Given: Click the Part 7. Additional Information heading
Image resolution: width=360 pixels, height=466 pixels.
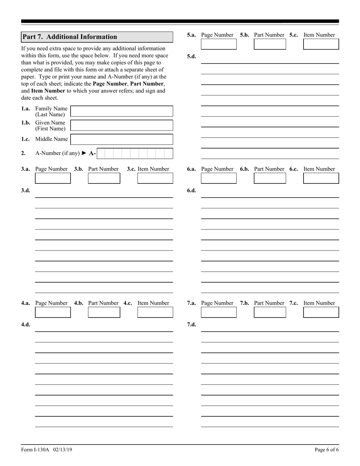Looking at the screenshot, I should coord(70,37).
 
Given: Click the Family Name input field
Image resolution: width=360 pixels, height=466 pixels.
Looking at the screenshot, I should coord(122,111).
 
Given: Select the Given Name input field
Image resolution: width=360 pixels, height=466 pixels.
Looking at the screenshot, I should coord(122,125).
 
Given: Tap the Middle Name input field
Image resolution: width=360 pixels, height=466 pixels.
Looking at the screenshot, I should coord(122,139).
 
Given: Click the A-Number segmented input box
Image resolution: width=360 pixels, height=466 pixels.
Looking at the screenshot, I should coord(135,153).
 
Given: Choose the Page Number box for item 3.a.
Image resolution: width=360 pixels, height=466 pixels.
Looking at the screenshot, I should coord(53,178).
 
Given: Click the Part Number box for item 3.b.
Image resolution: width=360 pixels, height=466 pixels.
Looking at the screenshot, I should coord(104,178).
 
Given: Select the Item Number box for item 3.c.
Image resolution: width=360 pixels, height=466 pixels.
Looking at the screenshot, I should coord(155,178).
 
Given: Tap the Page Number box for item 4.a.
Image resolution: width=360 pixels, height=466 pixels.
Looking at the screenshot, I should coord(53,313).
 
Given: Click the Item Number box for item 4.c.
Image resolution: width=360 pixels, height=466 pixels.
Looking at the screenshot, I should coord(155,313).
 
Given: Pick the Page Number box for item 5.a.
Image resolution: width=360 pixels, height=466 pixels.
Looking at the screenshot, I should coord(218,44).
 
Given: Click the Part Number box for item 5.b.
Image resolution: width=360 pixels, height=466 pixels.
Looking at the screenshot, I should coord(270,44).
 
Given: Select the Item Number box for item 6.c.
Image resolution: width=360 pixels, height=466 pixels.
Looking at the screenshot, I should coord(321,178).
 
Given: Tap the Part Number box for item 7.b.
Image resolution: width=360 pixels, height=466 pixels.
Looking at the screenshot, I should coord(270,313).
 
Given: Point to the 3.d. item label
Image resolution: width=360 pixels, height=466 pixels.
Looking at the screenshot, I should coord(26,191).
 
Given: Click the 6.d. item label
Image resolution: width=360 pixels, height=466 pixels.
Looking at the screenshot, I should coord(191,191).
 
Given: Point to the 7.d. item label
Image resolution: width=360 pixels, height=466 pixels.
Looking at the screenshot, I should coord(191,325).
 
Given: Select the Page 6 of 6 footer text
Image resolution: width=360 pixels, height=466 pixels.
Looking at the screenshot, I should coord(327,450).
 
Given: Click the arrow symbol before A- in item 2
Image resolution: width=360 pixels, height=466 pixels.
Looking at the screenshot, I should coord(84,153).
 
